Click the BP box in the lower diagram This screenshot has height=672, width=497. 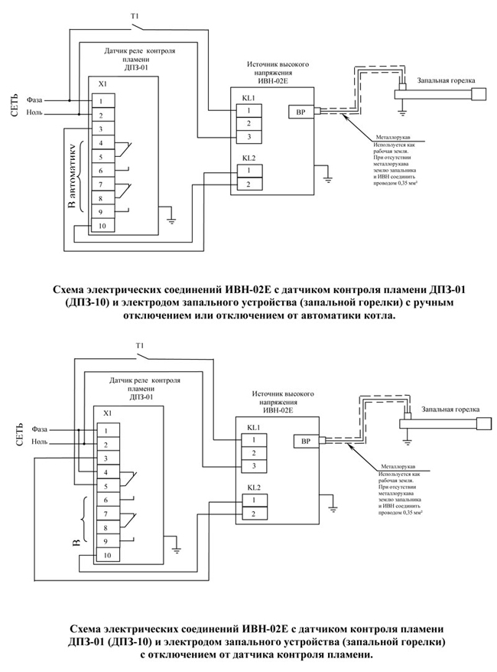point(304,441)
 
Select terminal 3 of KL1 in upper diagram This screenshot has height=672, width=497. point(248,136)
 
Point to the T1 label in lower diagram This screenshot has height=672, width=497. point(140,345)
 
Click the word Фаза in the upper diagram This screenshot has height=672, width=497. point(35,99)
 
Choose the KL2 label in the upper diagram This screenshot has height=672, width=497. point(248,158)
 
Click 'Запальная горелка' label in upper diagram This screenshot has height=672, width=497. point(447,80)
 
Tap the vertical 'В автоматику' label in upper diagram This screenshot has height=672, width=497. point(74,175)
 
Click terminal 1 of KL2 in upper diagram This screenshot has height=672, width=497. point(248,171)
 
